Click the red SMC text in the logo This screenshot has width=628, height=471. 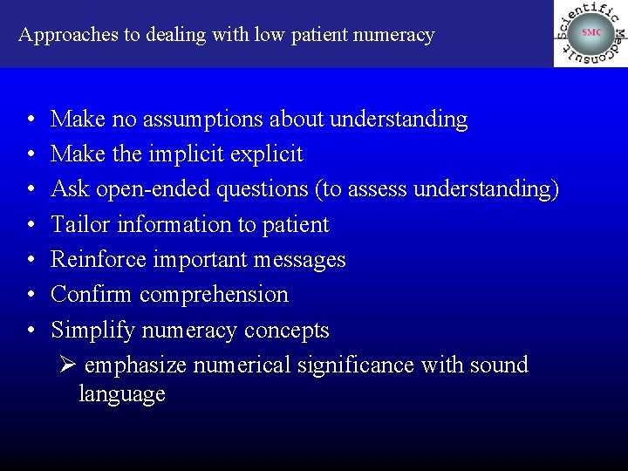(x=591, y=32)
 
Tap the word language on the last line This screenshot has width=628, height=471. (x=121, y=394)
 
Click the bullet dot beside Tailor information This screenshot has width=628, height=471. (x=31, y=225)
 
